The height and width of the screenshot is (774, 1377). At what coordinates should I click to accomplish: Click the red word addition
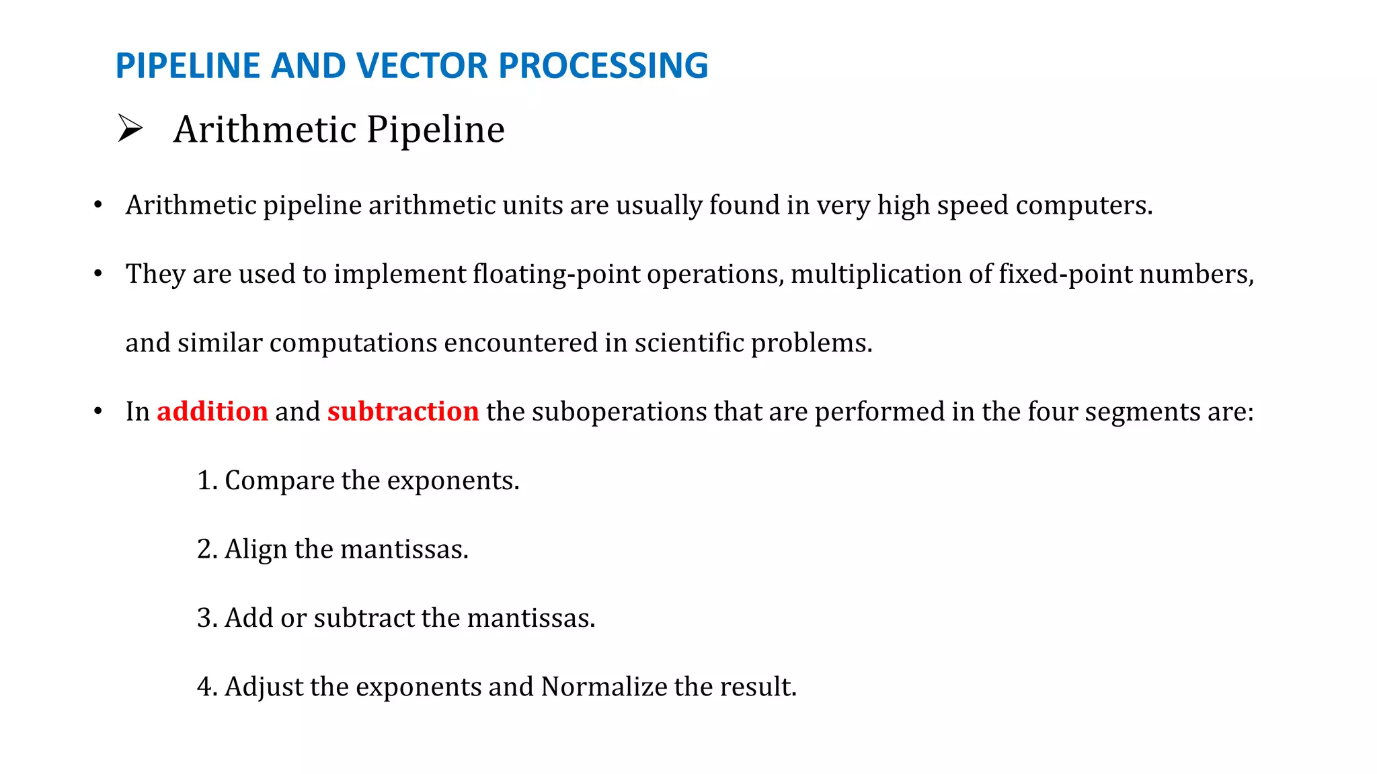tap(212, 411)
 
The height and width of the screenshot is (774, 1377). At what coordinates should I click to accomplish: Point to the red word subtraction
tap(403, 411)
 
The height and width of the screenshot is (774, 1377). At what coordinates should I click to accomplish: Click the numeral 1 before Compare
tap(204, 480)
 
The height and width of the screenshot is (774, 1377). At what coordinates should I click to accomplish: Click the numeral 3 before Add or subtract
tap(204, 618)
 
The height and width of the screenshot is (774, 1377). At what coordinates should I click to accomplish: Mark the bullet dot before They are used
tap(98, 273)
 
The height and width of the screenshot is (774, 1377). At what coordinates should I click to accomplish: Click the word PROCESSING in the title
tap(603, 66)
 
